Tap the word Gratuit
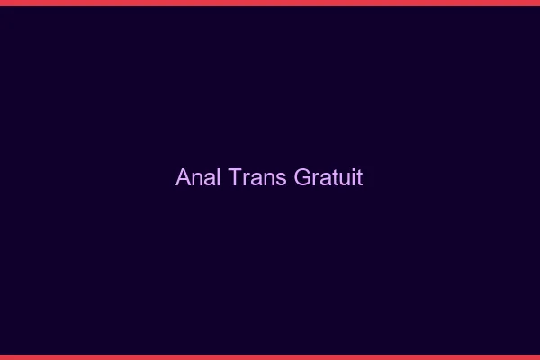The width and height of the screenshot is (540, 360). (x=328, y=177)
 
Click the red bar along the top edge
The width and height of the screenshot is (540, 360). (x=270, y=3)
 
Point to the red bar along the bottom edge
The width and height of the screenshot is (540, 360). (x=270, y=356)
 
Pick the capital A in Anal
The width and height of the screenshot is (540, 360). (x=183, y=177)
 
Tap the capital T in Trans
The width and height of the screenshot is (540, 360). (x=236, y=177)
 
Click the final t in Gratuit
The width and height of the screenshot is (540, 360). (x=360, y=177)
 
